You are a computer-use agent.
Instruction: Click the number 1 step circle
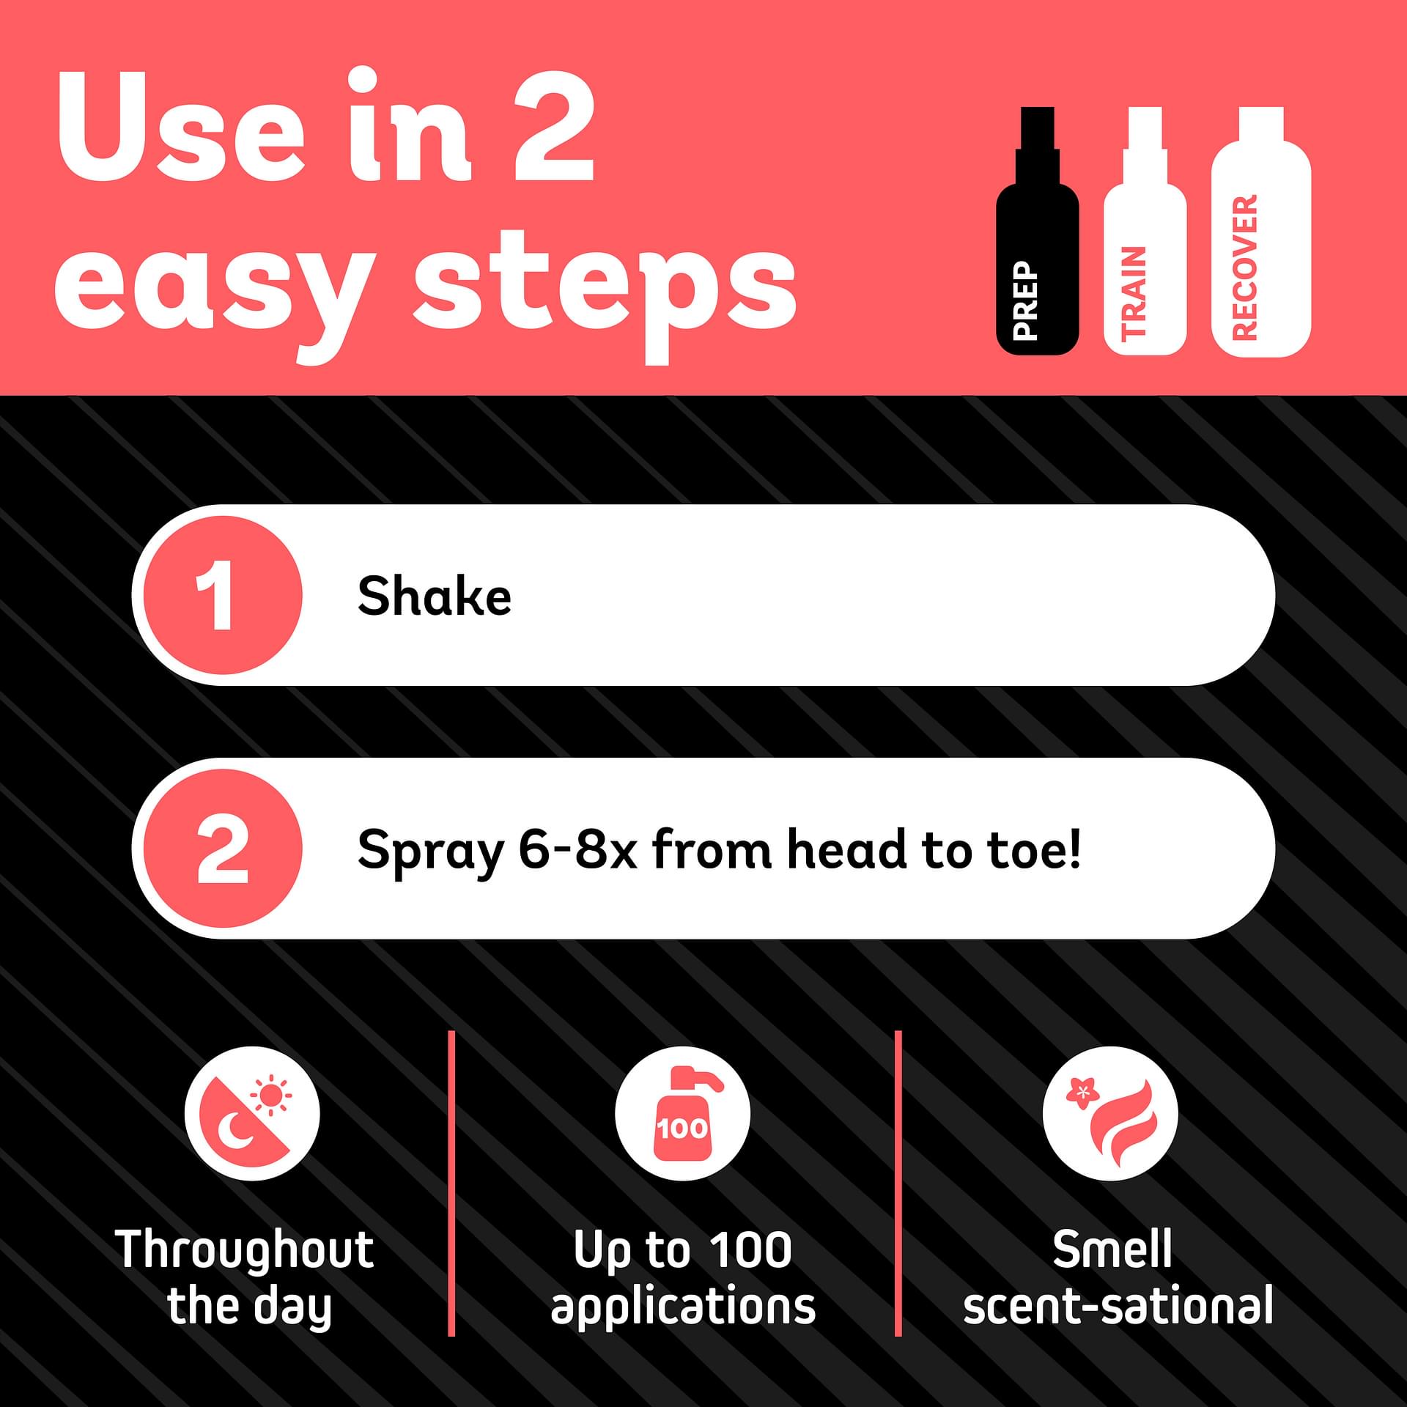[x=222, y=595]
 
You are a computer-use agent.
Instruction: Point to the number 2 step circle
[x=222, y=849]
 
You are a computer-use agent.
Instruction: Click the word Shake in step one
[x=434, y=595]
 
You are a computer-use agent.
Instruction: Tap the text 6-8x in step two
[x=578, y=849]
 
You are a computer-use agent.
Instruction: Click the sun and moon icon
[x=252, y=1113]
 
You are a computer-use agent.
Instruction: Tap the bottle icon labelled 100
[x=682, y=1113]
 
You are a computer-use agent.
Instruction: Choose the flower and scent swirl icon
[x=1110, y=1113]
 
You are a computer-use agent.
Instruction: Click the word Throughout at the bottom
[x=245, y=1249]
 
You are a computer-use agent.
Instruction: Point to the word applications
[x=683, y=1308]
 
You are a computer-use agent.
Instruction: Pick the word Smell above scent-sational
[x=1112, y=1249]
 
